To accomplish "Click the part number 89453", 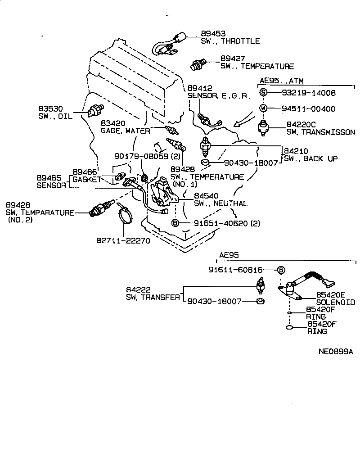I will [213, 34].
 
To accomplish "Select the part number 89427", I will [233, 59].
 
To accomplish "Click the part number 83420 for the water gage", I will [112, 123].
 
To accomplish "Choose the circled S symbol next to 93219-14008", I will [263, 93].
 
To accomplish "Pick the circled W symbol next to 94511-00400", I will [263, 108].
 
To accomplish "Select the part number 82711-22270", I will [122, 240].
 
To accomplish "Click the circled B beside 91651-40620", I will [175, 223].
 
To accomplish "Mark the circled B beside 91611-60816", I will [281, 270].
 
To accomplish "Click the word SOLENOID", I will [335, 302].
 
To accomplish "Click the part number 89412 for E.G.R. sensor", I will [200, 88].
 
